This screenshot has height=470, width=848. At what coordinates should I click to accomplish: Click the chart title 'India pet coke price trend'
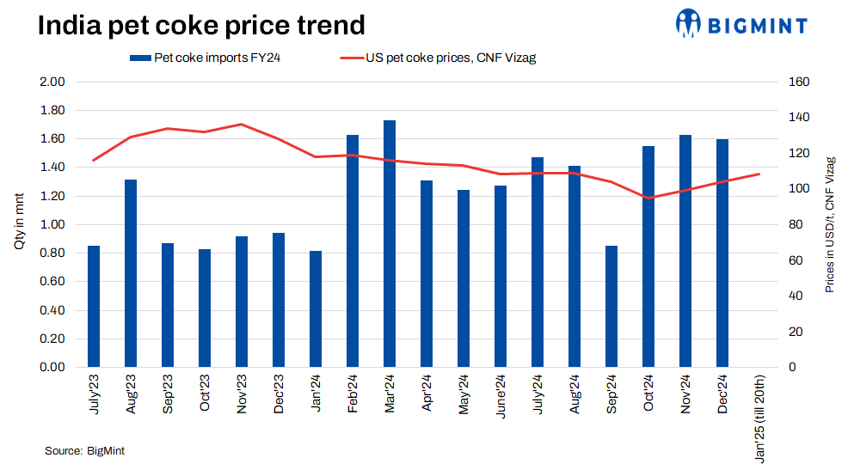point(201,25)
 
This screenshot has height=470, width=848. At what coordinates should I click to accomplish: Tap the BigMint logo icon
point(689,23)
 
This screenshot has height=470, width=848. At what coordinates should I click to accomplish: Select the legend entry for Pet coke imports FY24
point(206,58)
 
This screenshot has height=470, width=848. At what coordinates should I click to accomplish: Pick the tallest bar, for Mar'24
point(390,244)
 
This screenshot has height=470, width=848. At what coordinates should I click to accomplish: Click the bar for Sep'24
point(611,306)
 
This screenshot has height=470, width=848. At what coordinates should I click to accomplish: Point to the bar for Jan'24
point(316,308)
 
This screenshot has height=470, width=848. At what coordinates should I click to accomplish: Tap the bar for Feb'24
point(353,251)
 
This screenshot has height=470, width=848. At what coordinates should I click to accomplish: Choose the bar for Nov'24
point(685,251)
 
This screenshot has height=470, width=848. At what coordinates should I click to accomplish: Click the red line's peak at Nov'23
point(241,125)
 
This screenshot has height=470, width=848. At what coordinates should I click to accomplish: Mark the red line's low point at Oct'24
point(648,198)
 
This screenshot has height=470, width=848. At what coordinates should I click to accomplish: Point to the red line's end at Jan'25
point(759,174)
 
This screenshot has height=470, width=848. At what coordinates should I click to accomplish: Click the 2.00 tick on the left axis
point(53,82)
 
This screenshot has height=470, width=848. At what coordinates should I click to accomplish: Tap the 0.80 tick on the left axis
point(53,253)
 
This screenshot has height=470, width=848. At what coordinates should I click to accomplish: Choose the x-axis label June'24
point(501,394)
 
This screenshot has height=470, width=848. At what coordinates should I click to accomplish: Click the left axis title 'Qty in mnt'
point(19,223)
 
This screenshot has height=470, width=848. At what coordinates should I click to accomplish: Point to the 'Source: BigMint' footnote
point(84,450)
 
